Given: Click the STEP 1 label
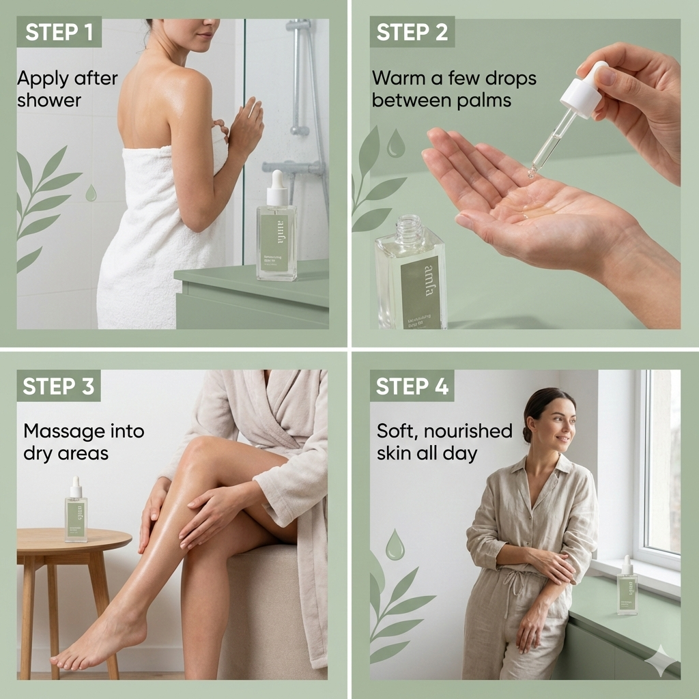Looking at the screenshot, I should pyautogui.click(x=59, y=32).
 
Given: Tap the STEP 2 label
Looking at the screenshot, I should pyautogui.click(x=412, y=32).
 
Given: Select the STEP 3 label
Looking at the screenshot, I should pyautogui.click(x=59, y=386).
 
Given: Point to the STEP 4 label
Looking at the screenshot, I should pyautogui.click(x=412, y=386).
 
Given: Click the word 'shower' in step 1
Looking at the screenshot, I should pyautogui.click(x=49, y=100).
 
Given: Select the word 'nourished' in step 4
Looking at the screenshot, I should pyautogui.click(x=471, y=431).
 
